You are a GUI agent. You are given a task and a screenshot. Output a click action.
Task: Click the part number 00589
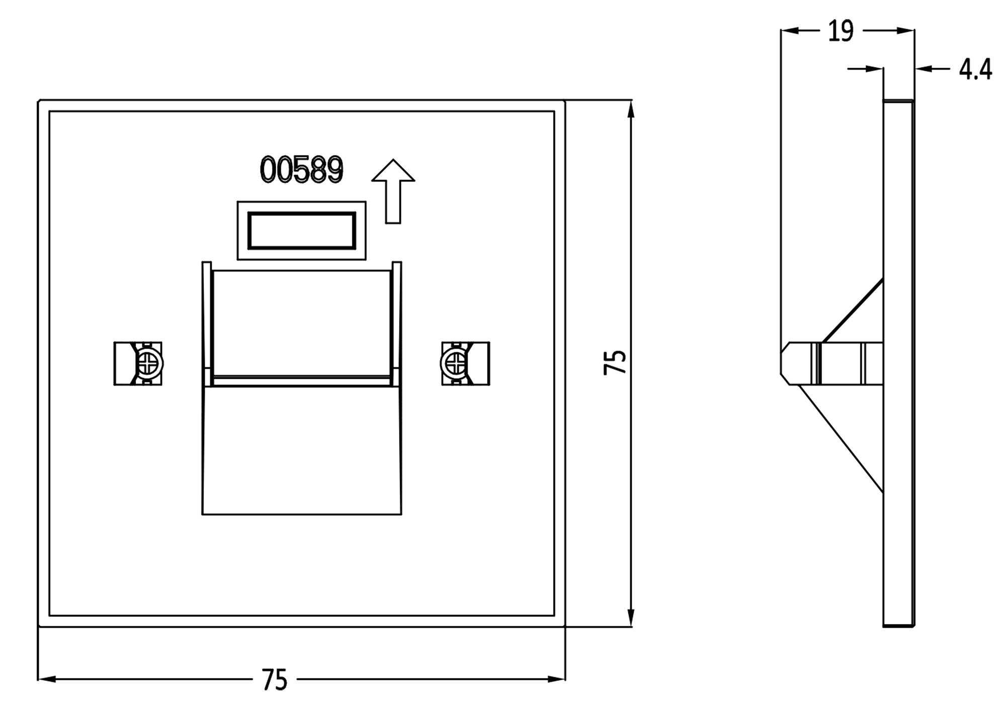301,169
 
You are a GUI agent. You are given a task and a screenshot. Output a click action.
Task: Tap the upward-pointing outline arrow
393,191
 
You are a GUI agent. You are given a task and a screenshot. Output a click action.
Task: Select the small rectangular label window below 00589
301,230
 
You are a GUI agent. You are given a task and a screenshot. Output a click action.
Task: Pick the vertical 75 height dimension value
615,362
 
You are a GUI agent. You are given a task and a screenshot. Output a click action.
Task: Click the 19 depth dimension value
841,31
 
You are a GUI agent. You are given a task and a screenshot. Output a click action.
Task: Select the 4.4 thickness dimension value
975,69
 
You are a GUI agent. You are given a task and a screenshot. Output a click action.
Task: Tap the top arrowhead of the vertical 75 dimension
631,109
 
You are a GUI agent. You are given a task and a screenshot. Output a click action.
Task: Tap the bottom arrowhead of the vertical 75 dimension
631,619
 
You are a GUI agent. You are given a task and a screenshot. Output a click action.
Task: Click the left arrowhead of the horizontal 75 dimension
47,679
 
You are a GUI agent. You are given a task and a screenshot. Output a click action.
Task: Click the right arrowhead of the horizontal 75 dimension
556,679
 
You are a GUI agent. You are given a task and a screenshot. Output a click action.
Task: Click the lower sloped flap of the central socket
301,450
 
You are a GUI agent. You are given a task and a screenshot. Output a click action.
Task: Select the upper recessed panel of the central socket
301,322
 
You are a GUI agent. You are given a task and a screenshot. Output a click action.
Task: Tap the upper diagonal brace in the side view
853,311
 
